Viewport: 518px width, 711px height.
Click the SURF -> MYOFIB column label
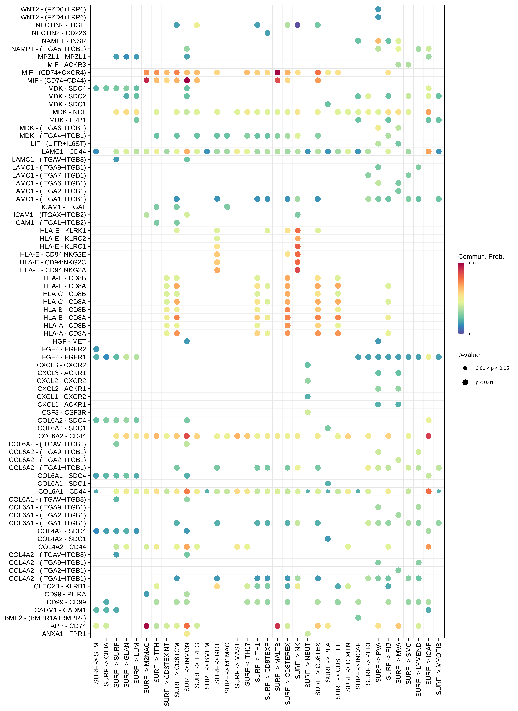439,668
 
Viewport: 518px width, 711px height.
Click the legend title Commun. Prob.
481,257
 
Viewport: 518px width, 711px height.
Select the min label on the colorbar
471,334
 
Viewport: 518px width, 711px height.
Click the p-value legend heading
469,355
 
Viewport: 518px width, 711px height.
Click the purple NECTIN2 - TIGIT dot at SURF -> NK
298,25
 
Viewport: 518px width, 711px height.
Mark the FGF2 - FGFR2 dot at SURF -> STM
96,349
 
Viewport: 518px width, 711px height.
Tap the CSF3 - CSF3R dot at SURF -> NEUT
308,412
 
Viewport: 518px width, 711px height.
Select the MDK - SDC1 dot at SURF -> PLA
328,104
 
